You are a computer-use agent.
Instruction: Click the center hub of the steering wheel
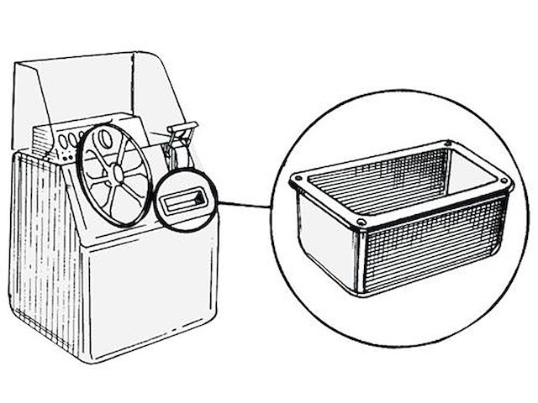(116, 174)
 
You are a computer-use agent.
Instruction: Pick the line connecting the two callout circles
(245, 204)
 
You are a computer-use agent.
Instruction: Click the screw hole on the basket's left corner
(298, 181)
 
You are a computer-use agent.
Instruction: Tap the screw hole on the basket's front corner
(361, 222)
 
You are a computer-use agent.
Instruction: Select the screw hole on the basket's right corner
(504, 182)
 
